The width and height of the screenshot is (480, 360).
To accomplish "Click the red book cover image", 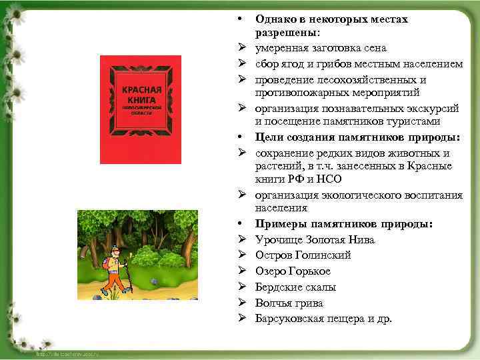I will [x=141, y=109].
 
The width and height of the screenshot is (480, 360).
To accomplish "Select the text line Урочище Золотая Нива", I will [x=315, y=240].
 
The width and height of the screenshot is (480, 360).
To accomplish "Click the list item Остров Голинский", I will [x=303, y=255].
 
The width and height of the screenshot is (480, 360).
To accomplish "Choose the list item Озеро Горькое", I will [x=293, y=271].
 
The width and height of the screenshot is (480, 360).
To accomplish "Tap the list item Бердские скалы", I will [x=295, y=287].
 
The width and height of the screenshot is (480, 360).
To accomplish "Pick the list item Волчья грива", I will [x=289, y=303].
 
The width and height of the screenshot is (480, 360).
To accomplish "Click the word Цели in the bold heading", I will [x=269, y=137].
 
